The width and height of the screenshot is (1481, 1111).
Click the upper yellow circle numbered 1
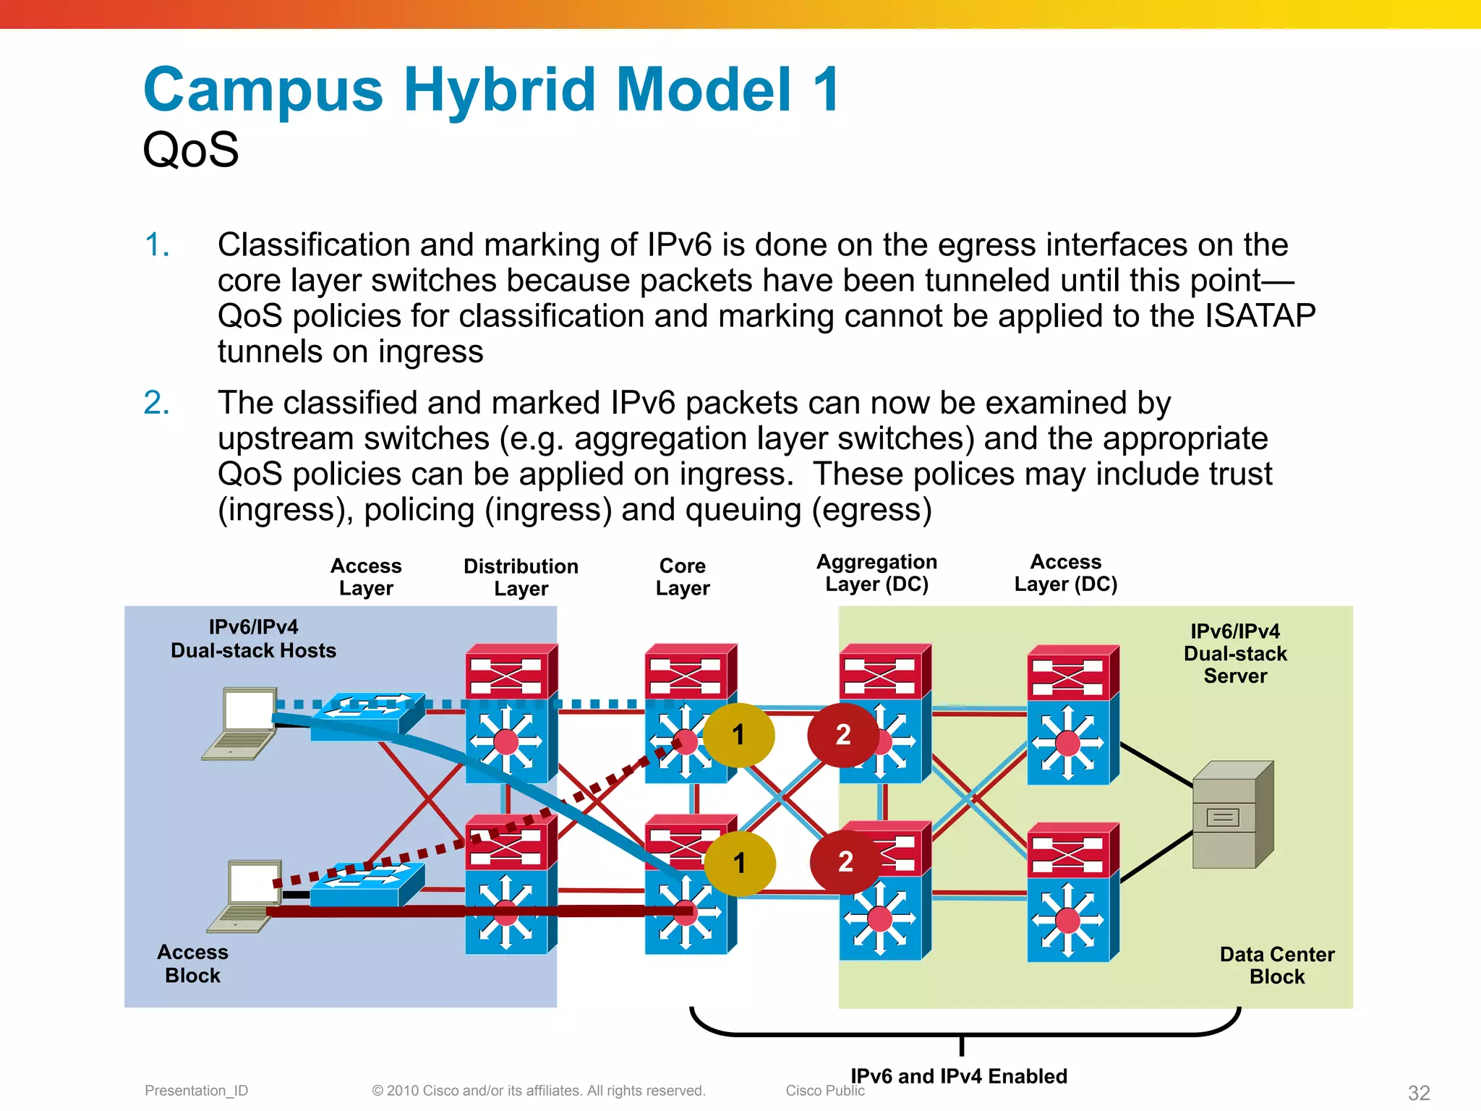738,735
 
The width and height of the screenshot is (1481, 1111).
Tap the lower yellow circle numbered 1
739,863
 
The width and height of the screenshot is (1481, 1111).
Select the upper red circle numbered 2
843,735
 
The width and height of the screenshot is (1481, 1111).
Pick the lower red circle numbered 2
845,861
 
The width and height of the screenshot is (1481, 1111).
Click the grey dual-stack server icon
1232,815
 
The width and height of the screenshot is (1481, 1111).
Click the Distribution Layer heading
521,576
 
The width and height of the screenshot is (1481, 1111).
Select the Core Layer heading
683,576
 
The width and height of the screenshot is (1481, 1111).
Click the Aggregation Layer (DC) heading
876,573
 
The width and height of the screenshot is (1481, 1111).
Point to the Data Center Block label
1276,965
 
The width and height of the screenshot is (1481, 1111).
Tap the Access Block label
192,963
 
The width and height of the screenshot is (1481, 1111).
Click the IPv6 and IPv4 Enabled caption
958,1076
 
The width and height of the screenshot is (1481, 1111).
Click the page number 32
1419,1092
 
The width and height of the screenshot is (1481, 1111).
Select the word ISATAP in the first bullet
1260,316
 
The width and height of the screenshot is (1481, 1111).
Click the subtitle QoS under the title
190,150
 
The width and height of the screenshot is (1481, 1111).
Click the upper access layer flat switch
367,715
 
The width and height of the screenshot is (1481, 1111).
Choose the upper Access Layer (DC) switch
1073,715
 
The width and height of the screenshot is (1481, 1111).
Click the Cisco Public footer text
824,1091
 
